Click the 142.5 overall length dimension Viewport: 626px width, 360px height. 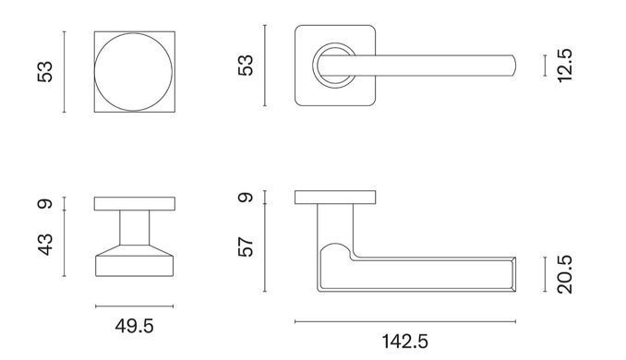[404, 342]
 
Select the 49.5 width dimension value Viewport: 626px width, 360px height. [134, 326]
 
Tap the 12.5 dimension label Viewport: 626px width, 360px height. [565, 66]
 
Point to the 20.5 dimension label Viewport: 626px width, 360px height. [565, 274]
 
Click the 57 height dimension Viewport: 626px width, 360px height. [246, 247]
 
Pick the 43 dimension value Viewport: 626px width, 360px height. [45, 245]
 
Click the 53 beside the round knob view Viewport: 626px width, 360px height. [45, 72]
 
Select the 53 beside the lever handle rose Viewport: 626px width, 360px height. [246, 66]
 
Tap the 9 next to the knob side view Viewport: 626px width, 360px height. [45, 204]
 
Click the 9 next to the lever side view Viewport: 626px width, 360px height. [246, 198]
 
